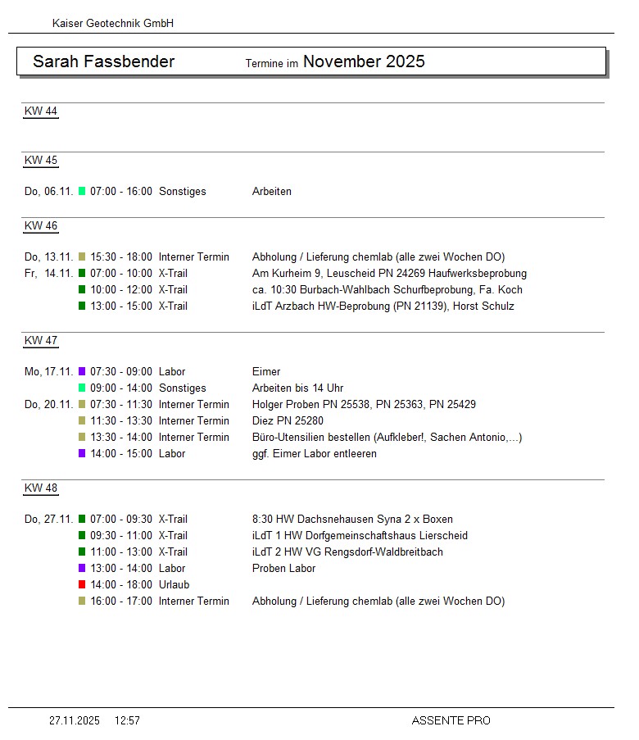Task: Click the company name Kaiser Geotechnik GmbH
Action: click(113, 24)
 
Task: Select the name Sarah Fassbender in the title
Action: click(103, 61)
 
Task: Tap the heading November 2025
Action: click(364, 61)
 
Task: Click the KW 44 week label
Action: click(41, 111)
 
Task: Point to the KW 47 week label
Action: click(41, 341)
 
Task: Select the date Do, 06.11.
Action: click(49, 192)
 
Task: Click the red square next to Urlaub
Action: click(82, 584)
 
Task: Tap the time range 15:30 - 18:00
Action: click(121, 257)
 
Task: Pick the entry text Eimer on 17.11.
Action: click(266, 372)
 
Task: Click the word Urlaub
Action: click(174, 585)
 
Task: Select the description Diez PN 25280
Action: click(288, 421)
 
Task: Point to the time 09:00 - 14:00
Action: click(121, 388)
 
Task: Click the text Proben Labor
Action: click(283, 569)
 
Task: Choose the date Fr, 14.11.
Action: click(49, 274)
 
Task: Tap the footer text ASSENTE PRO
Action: click(451, 721)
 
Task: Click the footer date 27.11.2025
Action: click(75, 721)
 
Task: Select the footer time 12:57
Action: click(127, 721)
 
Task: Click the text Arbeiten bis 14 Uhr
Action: click(297, 388)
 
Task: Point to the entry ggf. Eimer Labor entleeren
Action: click(315, 454)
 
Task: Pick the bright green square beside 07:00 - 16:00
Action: click(82, 191)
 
